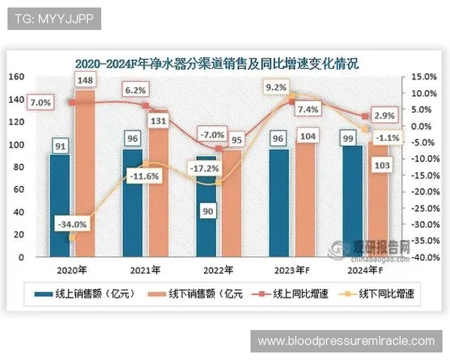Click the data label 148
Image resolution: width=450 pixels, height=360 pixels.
point(84,80)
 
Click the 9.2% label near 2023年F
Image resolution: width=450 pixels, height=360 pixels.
point(276,88)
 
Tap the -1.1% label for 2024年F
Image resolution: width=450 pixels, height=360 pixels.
point(388,136)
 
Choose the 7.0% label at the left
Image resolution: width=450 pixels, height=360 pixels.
point(40,102)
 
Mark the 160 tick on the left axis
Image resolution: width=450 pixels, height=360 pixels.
point(17,76)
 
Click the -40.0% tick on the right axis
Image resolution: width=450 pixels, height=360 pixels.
point(424,257)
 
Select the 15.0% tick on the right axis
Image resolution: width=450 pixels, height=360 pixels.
point(424,76)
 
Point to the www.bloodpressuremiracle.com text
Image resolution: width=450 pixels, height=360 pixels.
point(346,341)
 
